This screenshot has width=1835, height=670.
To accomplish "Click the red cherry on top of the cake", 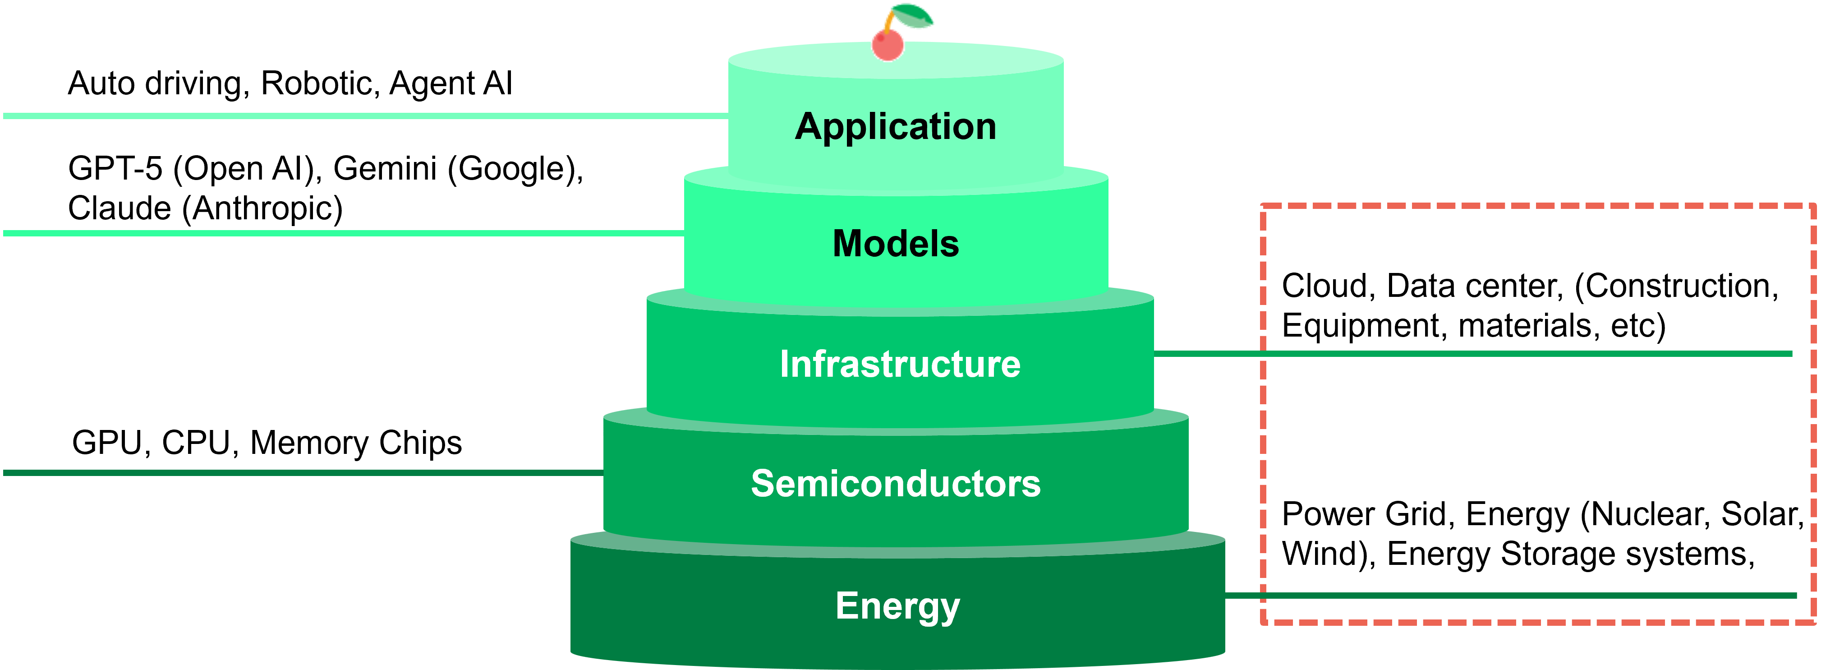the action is click(888, 44).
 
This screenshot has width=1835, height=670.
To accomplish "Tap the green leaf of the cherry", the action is click(912, 16).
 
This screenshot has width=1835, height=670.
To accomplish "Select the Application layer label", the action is click(896, 127).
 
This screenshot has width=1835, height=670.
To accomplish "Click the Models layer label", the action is click(896, 243).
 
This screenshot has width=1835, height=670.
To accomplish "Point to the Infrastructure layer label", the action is click(900, 364).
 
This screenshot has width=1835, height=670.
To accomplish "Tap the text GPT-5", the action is click(115, 169).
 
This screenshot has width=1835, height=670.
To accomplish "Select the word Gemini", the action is click(385, 169).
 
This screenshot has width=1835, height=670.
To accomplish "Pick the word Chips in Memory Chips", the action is click(420, 444).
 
